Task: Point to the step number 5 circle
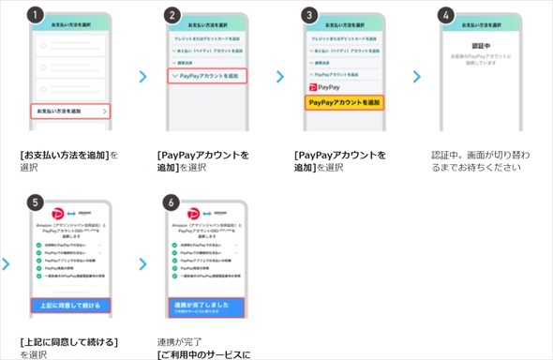click(35, 201)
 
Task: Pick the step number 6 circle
click(171, 201)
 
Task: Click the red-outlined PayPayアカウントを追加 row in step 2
click(207, 75)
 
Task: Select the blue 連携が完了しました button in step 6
click(206, 306)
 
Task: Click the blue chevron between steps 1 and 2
click(142, 77)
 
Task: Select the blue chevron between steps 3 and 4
click(417, 77)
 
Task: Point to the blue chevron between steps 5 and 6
click(142, 264)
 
